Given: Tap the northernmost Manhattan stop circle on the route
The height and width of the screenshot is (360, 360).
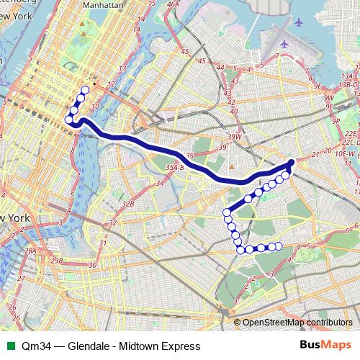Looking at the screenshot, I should click(x=85, y=90).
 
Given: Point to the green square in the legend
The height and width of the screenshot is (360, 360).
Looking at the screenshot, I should click(x=9, y=347).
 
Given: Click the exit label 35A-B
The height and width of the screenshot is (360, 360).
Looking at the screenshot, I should click(x=174, y=168).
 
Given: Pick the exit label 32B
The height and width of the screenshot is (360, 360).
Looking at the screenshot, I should click(x=128, y=204).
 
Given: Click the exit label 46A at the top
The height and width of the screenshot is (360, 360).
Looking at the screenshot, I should click(x=172, y=4).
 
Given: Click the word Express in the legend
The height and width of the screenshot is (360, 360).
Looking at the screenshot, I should click(x=181, y=347).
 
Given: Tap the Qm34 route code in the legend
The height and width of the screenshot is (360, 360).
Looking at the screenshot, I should click(x=35, y=347).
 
